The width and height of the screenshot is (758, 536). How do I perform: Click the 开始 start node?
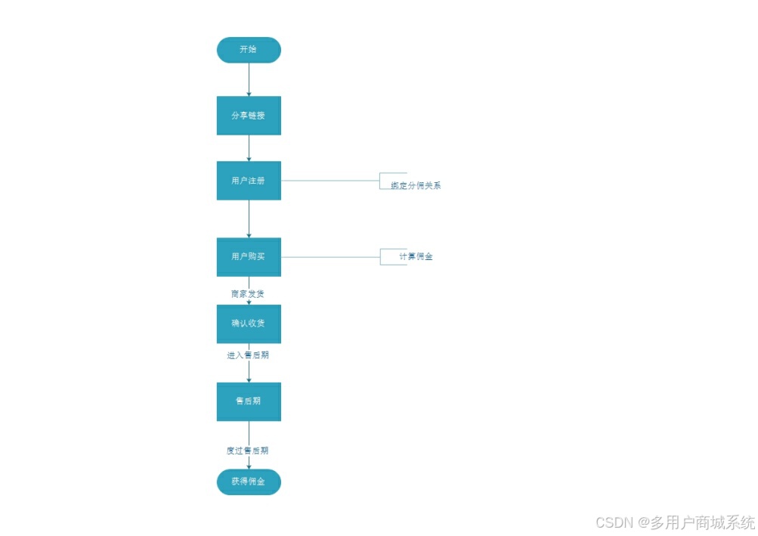(x=248, y=50)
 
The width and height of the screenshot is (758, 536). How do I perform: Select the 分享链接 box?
(x=248, y=116)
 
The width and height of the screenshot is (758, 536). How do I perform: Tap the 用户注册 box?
(x=248, y=181)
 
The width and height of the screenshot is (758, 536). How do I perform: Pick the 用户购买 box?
(x=248, y=257)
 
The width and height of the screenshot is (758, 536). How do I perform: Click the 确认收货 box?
(x=248, y=324)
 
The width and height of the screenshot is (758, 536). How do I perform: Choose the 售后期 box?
(x=248, y=401)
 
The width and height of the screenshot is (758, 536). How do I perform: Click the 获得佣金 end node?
(x=248, y=482)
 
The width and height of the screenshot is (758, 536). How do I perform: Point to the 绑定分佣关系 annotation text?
(x=416, y=185)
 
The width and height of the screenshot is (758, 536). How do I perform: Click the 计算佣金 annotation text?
(x=416, y=257)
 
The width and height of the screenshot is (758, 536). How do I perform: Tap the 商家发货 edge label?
(x=248, y=293)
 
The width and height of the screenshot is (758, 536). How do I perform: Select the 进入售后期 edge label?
(x=248, y=355)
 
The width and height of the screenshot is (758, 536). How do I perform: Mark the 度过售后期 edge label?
(x=248, y=451)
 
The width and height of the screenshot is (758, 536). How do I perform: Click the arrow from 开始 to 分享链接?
(x=249, y=79)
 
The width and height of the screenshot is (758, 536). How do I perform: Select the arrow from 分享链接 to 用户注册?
(x=249, y=148)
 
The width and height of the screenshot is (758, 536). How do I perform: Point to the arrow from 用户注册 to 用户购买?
(x=249, y=219)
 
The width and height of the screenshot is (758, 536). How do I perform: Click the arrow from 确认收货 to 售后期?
(x=249, y=371)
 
